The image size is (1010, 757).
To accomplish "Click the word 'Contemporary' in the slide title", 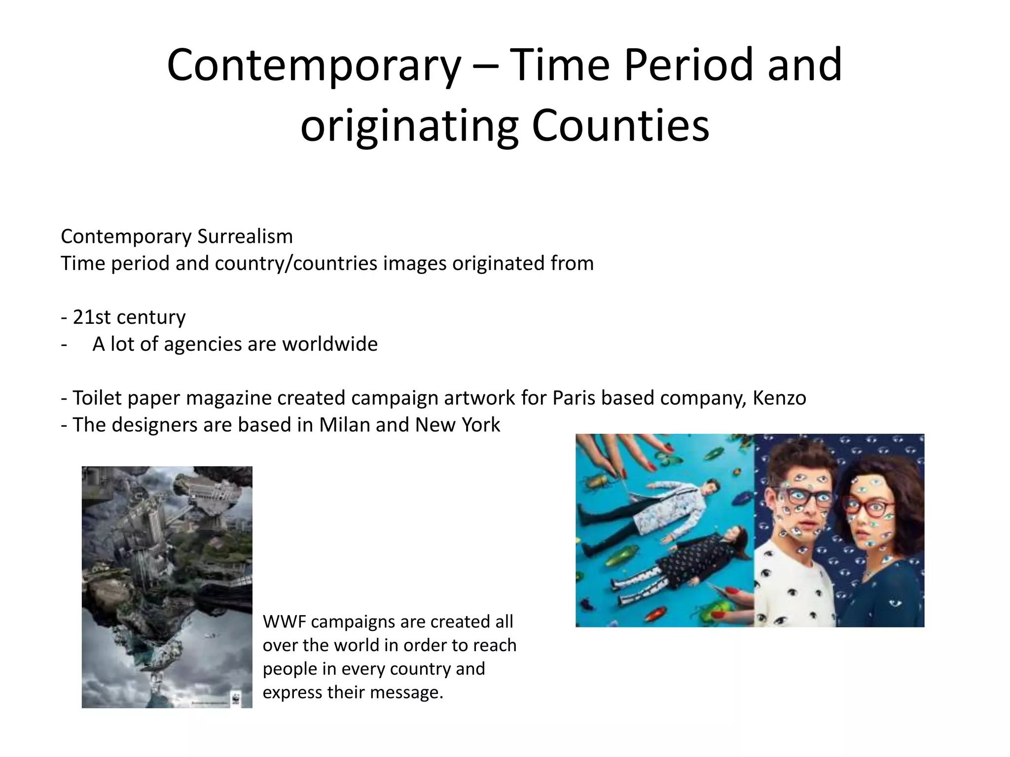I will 314,66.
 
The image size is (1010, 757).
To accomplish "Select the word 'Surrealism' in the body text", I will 245,237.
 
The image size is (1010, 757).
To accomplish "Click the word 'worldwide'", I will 329,344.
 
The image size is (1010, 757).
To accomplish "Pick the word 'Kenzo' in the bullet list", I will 779,398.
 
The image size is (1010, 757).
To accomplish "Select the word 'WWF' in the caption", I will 284,622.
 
